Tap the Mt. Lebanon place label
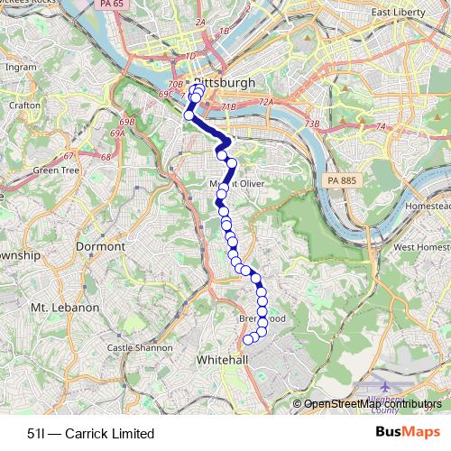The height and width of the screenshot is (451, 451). pos(64,308)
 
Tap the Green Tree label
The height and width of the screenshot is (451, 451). pos(56,170)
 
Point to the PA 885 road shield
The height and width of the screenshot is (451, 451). pos(339,182)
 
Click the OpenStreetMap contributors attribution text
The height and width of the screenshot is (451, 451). pos(373,404)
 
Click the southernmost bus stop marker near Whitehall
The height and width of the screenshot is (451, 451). pos(248,340)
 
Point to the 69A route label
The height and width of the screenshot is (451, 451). pos(117,133)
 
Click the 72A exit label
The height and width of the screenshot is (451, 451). pos(265,103)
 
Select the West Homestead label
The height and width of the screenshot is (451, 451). pos(420,246)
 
